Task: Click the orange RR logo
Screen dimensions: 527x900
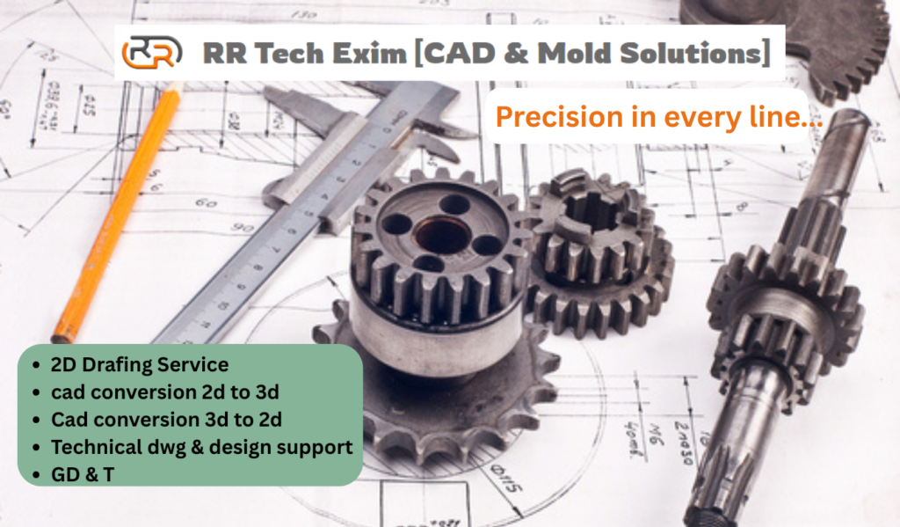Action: tap(152, 52)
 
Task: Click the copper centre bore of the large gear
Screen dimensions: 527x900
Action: tap(441, 234)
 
